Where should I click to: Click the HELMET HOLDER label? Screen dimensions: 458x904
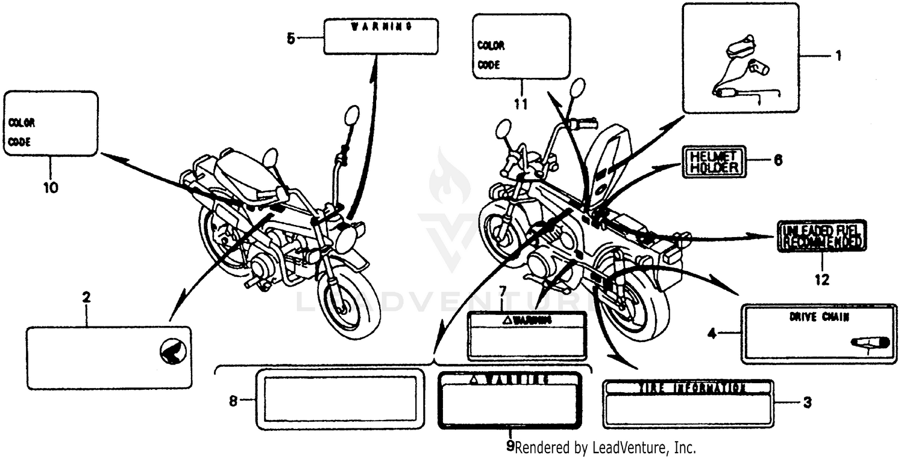click(714, 161)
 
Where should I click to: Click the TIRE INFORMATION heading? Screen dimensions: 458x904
click(688, 387)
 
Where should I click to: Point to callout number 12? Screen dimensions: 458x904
click(822, 280)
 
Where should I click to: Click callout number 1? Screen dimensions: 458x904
click(838, 56)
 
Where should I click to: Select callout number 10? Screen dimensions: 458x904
click(51, 188)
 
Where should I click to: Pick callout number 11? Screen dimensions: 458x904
click(521, 104)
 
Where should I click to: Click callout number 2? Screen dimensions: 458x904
click(86, 297)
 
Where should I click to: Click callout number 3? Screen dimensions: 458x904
click(808, 401)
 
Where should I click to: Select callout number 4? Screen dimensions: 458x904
click(712, 333)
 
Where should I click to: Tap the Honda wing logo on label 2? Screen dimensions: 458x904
click(174, 351)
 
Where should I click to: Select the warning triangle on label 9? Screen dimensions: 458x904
click(474, 380)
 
